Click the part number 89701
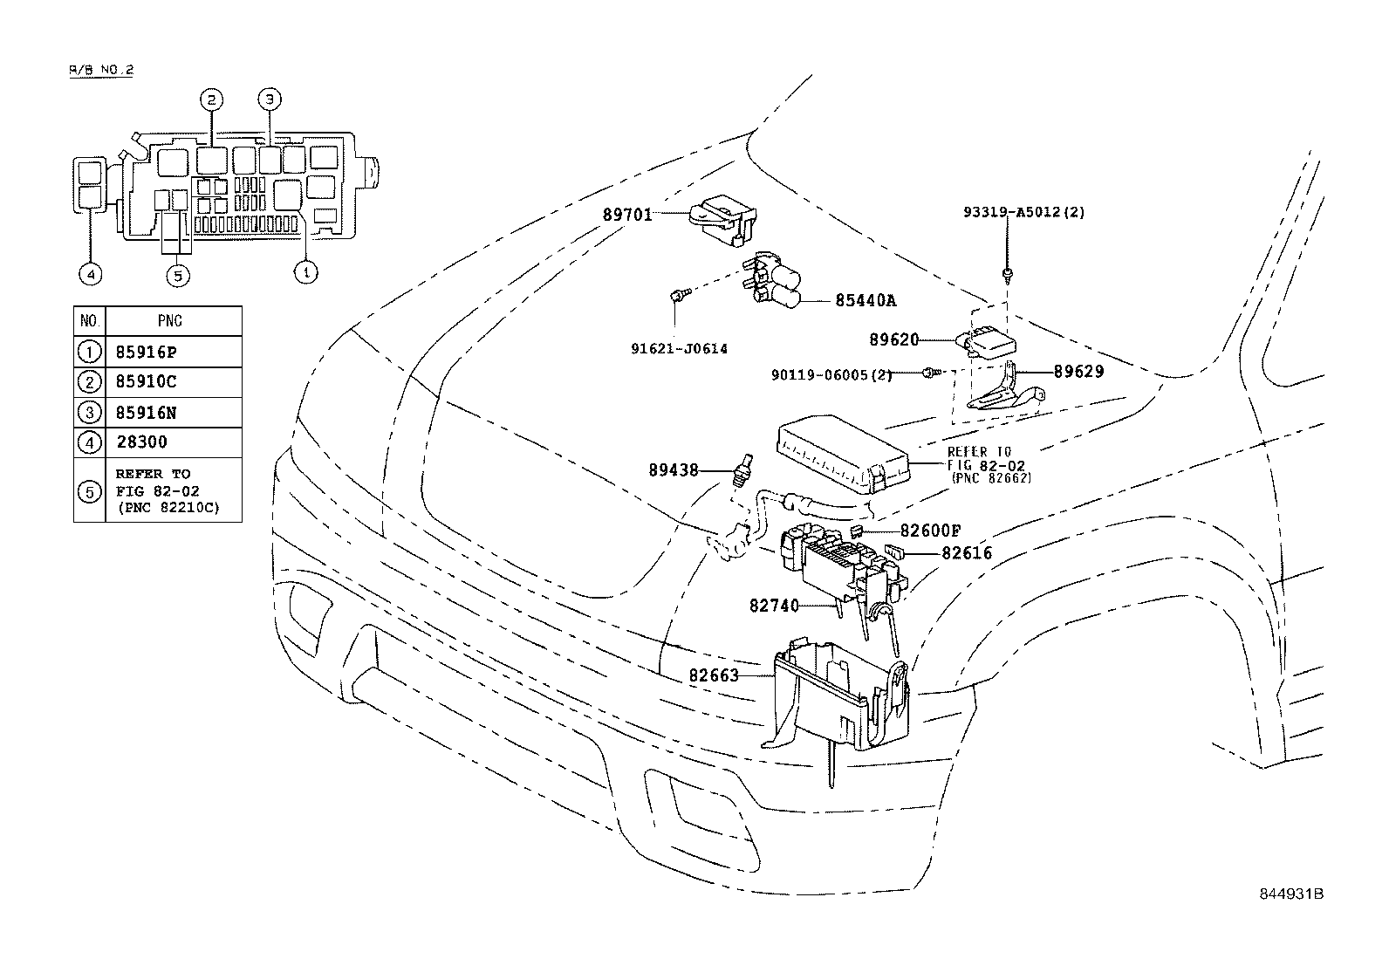626,214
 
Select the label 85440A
866,300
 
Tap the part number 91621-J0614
679,348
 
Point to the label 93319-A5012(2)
1024,212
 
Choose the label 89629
1078,371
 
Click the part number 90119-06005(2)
831,374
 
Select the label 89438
674,469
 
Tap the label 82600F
930,531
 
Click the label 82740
774,604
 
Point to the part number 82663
714,675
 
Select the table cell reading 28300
141,442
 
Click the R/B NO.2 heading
100,71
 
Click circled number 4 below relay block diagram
90,274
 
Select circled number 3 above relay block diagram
270,99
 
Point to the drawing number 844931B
1291,894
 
